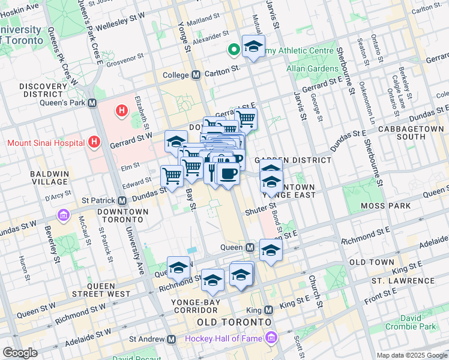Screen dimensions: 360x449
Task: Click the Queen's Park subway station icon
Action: coord(92,103)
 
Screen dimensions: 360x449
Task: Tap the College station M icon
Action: coord(196,75)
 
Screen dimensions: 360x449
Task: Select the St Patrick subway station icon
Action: coord(122,200)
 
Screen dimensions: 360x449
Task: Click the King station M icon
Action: coord(268,310)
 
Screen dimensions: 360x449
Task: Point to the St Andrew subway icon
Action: coord(171,340)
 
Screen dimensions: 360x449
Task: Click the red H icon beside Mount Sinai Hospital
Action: coord(94,142)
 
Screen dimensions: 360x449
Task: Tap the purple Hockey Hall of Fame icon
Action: coord(272,339)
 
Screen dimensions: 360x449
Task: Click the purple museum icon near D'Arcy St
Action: coord(63,215)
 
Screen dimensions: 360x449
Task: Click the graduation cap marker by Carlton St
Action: coord(253,46)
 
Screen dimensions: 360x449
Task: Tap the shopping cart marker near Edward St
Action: coord(172,176)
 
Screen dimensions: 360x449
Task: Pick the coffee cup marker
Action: coord(228,175)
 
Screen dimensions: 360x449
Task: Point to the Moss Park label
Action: coord(386,206)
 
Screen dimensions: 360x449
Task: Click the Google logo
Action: coord(20,353)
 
